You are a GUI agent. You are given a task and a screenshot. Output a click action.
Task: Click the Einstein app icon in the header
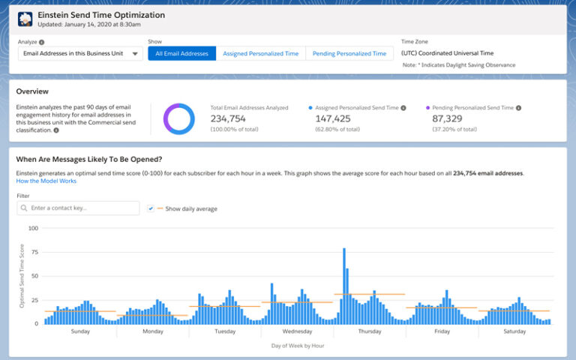tap(25, 19)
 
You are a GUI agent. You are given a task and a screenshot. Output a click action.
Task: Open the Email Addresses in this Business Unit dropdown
tap(79, 53)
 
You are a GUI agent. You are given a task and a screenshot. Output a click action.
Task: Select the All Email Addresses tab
tap(182, 53)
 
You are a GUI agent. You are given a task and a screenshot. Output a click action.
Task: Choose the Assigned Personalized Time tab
tap(261, 53)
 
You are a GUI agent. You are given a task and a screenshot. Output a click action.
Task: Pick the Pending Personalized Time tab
tap(349, 53)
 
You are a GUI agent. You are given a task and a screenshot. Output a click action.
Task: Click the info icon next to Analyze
tap(41, 43)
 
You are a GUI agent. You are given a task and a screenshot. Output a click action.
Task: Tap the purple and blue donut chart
tap(179, 119)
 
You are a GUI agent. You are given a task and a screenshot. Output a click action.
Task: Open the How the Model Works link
tap(46, 181)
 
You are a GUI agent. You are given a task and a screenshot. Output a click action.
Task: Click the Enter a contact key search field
tap(79, 208)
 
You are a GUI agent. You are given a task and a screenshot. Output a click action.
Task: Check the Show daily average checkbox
tap(151, 208)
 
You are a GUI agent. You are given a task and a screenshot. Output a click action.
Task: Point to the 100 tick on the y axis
tap(32, 228)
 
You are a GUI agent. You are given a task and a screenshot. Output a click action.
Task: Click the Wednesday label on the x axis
tap(297, 331)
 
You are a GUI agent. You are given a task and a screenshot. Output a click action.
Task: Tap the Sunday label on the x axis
tap(80, 331)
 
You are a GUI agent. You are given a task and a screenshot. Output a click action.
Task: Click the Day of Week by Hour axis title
tap(297, 346)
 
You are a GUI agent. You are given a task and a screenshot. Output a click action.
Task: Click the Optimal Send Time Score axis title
tap(22, 276)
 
